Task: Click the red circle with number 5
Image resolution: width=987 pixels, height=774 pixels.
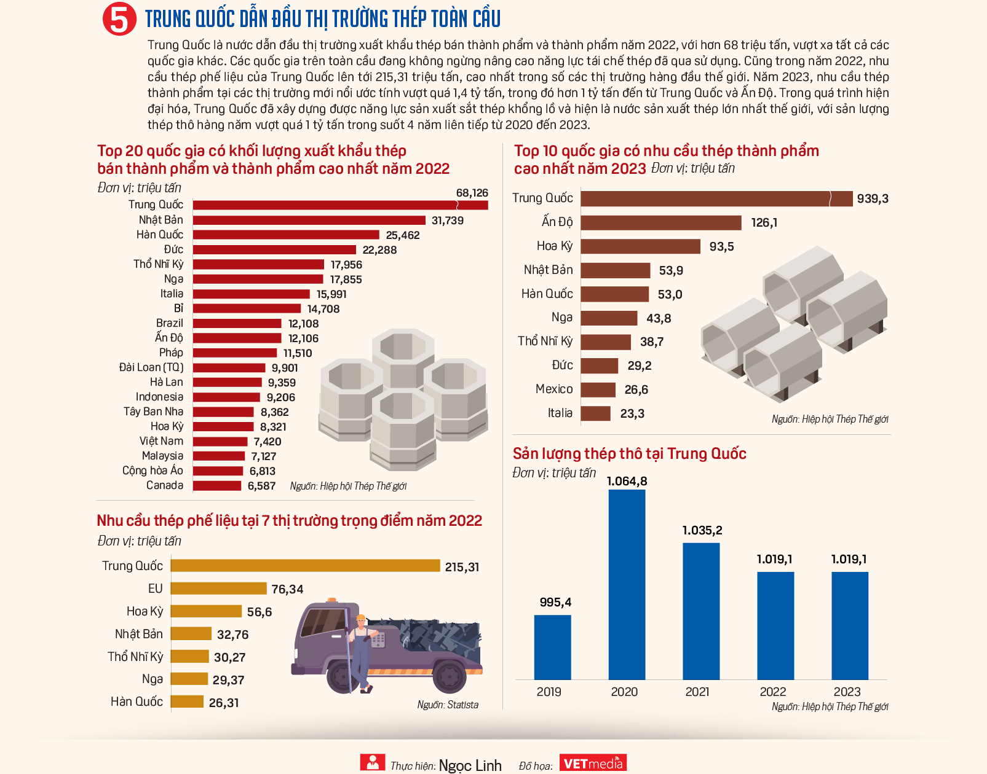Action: [119, 19]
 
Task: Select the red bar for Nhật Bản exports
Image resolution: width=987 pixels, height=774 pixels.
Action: [309, 220]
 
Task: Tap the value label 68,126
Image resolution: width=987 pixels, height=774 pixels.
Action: [472, 193]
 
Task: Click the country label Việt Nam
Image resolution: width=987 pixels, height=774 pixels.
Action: [161, 441]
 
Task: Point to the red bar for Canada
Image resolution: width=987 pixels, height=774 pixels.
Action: [217, 486]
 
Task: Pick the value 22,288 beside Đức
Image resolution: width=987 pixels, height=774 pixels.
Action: [379, 250]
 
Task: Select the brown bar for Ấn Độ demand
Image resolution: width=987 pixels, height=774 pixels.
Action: [660, 222]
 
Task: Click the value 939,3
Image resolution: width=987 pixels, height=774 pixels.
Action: [873, 198]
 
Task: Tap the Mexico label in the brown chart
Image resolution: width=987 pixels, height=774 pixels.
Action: [553, 389]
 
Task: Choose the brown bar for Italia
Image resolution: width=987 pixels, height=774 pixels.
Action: [595, 413]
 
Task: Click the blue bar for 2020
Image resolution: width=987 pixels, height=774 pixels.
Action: [627, 584]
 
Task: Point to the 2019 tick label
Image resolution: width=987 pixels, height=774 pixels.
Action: [549, 692]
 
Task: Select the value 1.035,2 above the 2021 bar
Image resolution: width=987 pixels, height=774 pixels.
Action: [702, 530]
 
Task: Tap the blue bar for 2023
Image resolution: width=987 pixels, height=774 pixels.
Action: [849, 625]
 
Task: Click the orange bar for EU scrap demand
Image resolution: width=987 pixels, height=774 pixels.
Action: [218, 588]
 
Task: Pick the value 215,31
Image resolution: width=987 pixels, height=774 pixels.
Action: [462, 567]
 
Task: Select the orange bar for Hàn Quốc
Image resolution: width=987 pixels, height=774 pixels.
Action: [187, 702]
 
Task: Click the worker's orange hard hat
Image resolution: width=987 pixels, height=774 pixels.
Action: [360, 618]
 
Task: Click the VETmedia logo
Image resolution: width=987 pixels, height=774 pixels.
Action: [593, 763]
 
